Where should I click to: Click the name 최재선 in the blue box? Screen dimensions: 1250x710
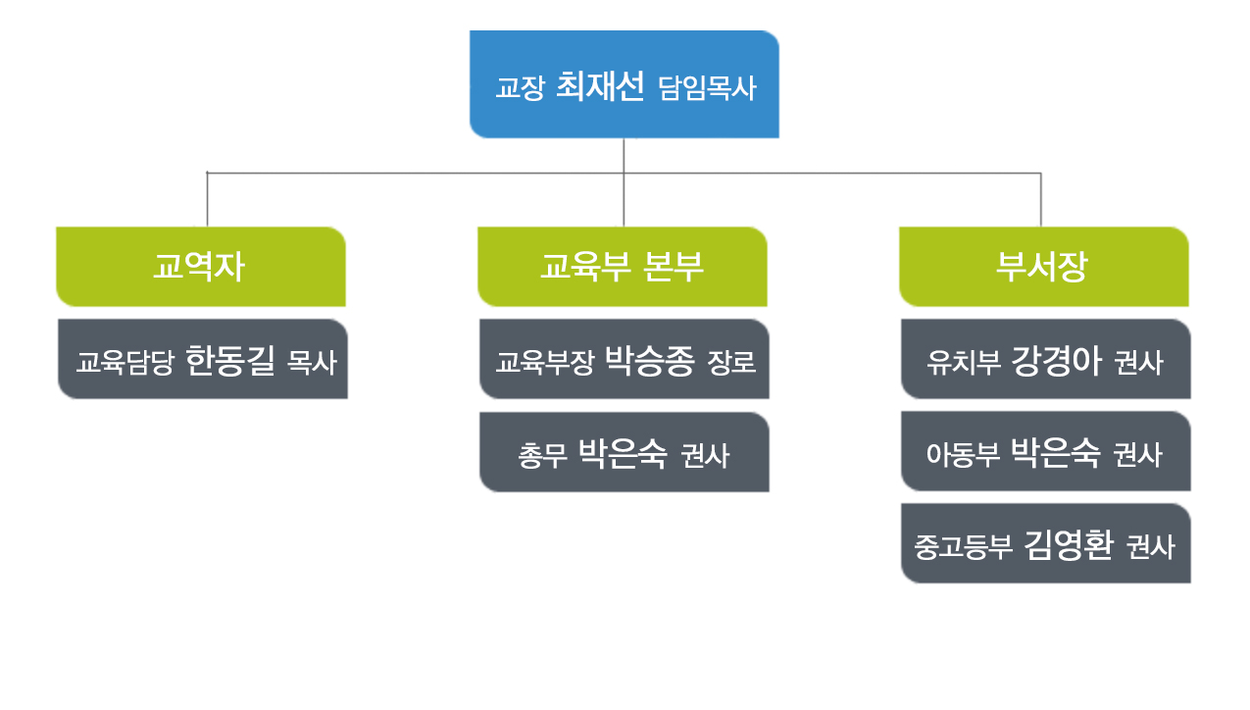(600, 86)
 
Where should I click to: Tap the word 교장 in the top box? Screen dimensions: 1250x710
(520, 88)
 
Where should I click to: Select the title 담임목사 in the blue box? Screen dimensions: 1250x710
(707, 88)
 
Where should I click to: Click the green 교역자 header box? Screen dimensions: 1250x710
(201, 267)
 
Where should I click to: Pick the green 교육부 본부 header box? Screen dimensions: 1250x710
(623, 267)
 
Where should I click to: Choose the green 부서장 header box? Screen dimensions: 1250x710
(1043, 267)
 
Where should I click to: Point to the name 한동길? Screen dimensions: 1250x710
(230, 361)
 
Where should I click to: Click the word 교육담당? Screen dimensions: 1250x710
(125, 362)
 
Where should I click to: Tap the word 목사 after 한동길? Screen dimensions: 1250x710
(312, 362)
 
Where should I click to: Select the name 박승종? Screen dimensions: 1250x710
(650, 361)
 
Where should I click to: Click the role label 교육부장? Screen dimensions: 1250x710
(545, 362)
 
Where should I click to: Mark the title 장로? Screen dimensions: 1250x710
(731, 362)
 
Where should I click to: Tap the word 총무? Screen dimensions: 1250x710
(542, 455)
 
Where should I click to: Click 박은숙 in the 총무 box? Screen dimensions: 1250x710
(623, 454)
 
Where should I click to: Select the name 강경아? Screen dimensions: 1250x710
(1056, 361)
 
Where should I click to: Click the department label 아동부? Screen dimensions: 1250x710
(963, 454)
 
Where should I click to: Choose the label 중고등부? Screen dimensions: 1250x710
(963, 546)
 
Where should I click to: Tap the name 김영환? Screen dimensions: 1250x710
(1069, 545)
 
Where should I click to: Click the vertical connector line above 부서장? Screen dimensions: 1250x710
(1041, 200)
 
